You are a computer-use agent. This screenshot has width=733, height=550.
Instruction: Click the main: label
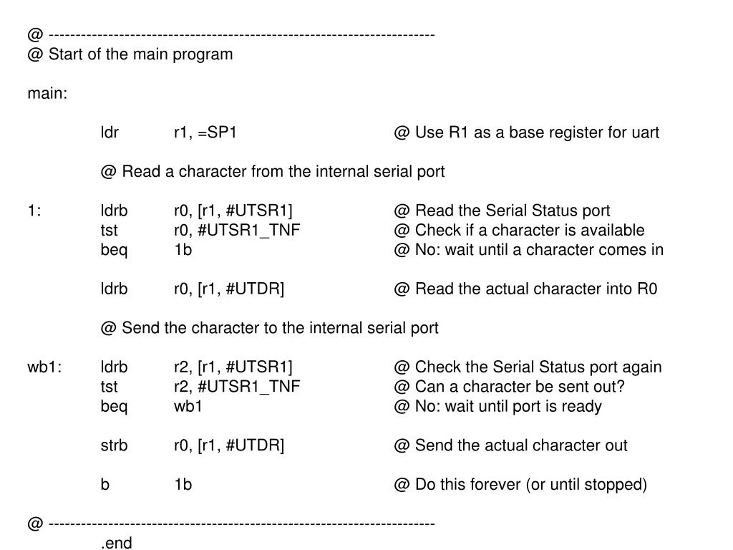[x=47, y=94]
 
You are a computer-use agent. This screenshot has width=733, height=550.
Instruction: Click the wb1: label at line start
[x=44, y=367]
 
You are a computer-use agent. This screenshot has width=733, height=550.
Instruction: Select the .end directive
[x=117, y=543]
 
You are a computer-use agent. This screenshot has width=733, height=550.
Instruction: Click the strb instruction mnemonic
[x=114, y=445]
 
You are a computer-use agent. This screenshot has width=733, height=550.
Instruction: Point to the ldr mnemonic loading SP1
[x=110, y=132]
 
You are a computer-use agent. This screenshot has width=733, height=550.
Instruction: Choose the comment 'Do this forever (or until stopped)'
[x=520, y=485]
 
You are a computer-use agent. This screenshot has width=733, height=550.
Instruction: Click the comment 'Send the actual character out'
[x=510, y=445]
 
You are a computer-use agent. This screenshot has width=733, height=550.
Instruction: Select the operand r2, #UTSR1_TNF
[x=237, y=387]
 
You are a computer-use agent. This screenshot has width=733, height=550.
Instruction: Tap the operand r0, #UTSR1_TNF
[x=237, y=231]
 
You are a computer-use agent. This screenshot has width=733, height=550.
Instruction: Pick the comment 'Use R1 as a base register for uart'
[x=526, y=132]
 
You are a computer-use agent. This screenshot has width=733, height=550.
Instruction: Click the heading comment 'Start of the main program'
[x=130, y=54]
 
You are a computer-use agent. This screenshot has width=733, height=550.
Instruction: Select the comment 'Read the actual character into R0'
[x=525, y=289]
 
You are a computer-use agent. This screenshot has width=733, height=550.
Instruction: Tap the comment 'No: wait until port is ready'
[x=497, y=407]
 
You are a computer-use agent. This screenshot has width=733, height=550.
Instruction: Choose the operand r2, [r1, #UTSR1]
[x=233, y=367]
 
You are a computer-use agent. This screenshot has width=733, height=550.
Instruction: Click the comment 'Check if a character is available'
[x=518, y=231]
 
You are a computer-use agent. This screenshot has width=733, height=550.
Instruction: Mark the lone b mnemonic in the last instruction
[x=105, y=485]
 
